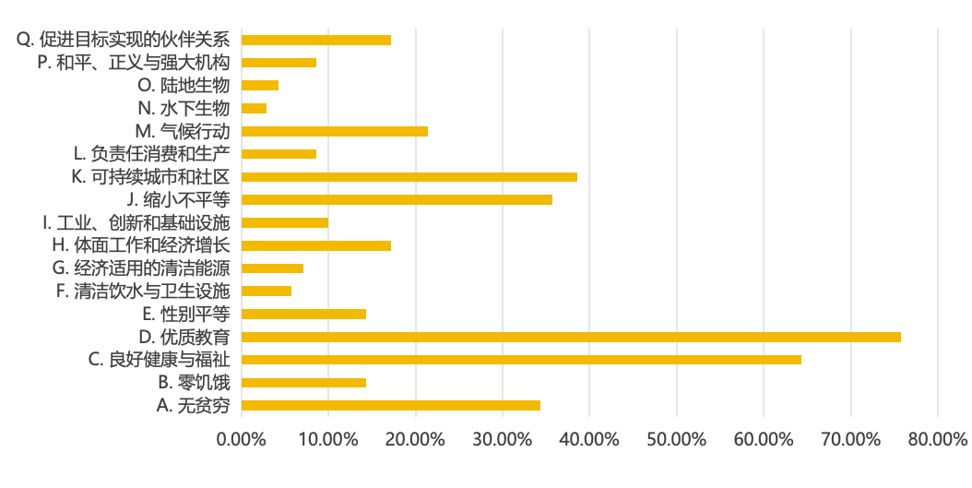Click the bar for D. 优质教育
click(x=571, y=337)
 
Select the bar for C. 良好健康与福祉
click(x=521, y=360)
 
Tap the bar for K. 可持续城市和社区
click(x=409, y=177)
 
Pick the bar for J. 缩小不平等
click(x=397, y=199)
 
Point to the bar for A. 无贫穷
click(x=391, y=405)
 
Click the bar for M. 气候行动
click(x=335, y=131)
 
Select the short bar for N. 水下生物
click(x=255, y=108)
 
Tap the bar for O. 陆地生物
click(x=260, y=86)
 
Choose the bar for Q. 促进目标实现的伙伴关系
click(x=316, y=40)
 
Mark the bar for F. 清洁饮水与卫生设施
click(x=267, y=292)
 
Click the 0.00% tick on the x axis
click(x=242, y=439)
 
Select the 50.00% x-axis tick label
click(x=676, y=439)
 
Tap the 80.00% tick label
click(x=937, y=439)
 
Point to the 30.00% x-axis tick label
click(x=502, y=439)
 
